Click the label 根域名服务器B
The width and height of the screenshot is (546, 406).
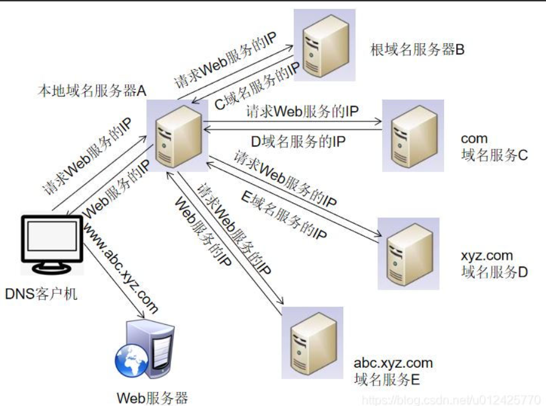(417, 49)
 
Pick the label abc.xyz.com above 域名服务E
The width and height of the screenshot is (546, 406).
(393, 363)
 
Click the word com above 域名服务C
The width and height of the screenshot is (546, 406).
(474, 139)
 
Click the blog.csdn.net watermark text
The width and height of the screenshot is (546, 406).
(452, 399)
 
